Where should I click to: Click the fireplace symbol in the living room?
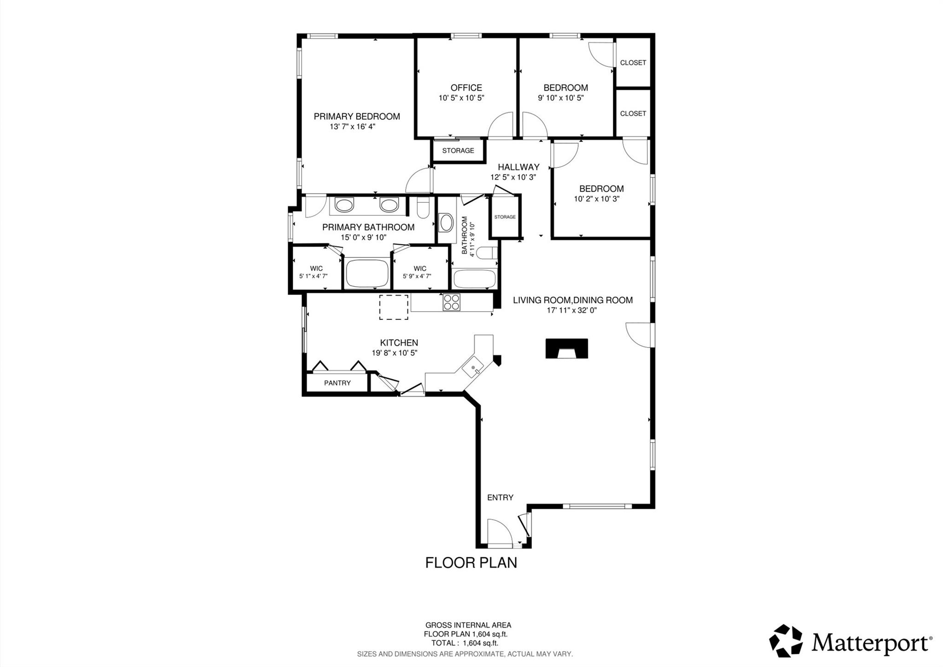[x=566, y=348]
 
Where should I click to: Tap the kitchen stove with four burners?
[x=451, y=302]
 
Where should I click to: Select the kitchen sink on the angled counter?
[x=474, y=368]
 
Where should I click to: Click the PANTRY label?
[x=337, y=383]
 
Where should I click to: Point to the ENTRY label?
[x=500, y=497]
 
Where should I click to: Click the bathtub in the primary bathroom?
[x=367, y=274]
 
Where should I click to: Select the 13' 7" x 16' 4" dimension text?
[x=352, y=127]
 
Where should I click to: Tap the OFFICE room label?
[x=466, y=88]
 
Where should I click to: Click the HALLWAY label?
[x=518, y=167]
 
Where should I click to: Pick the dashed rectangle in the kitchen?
[x=393, y=307]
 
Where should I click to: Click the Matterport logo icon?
[x=786, y=641]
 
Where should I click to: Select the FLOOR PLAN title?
[x=471, y=563]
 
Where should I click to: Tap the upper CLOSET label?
[x=633, y=63]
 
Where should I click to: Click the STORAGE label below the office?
[x=458, y=151]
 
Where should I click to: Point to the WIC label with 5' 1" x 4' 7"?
[x=316, y=268]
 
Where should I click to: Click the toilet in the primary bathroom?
[x=423, y=208]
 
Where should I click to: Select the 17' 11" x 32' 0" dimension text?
[x=571, y=311]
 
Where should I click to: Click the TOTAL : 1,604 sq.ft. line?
[x=464, y=643]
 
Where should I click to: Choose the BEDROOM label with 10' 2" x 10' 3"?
[x=601, y=189]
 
